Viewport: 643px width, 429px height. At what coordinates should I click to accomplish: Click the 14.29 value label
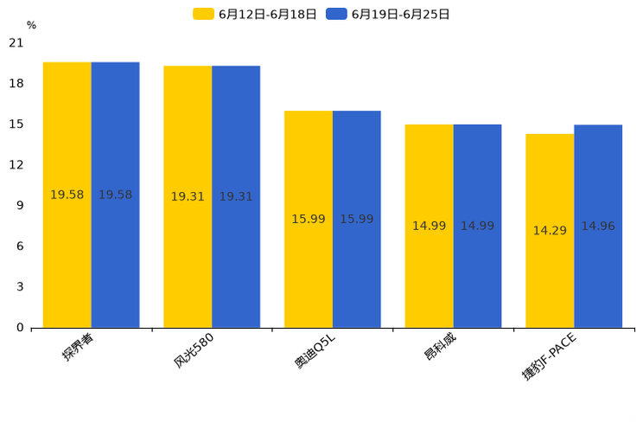(550, 231)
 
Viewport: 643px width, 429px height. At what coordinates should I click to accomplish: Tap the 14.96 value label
(598, 227)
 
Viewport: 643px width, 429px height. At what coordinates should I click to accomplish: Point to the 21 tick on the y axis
(16, 42)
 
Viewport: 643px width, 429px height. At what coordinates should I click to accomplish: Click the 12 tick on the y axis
(16, 164)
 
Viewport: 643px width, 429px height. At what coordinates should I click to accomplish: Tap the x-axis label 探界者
(77, 347)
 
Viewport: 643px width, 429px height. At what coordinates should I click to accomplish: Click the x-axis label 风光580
(194, 350)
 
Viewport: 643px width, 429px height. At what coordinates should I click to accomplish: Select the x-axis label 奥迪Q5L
(315, 351)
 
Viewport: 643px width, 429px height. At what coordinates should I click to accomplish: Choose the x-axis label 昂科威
(440, 347)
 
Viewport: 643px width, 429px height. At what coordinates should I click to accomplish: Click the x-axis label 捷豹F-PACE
(549, 356)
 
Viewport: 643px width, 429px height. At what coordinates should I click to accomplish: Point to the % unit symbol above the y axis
(31, 26)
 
